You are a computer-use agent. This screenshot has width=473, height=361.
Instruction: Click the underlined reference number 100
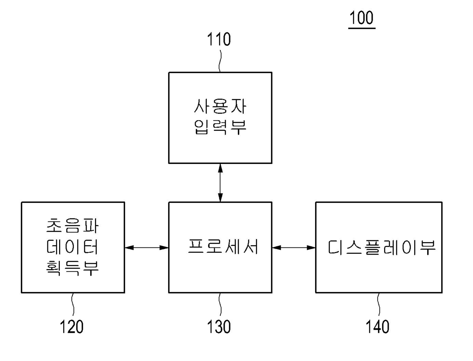(362, 18)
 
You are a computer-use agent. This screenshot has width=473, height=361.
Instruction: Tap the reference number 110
(219, 39)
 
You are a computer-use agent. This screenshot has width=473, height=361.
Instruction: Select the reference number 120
(71, 326)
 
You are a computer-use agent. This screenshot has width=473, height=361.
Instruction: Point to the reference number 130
(219, 326)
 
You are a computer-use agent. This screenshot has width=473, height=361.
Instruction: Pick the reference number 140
(378, 326)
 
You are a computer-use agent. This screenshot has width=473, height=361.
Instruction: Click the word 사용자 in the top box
(220, 107)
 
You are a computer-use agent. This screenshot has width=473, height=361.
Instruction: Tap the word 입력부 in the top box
(220, 128)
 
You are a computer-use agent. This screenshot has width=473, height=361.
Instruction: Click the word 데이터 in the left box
(72, 248)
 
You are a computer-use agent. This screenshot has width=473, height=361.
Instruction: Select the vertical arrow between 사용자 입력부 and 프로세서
(220, 183)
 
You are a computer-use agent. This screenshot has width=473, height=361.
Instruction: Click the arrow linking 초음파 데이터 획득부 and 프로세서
(146, 248)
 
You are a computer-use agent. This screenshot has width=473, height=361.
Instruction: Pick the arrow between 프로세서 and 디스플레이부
(294, 248)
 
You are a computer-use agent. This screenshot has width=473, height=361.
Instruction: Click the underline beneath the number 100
(362, 28)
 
